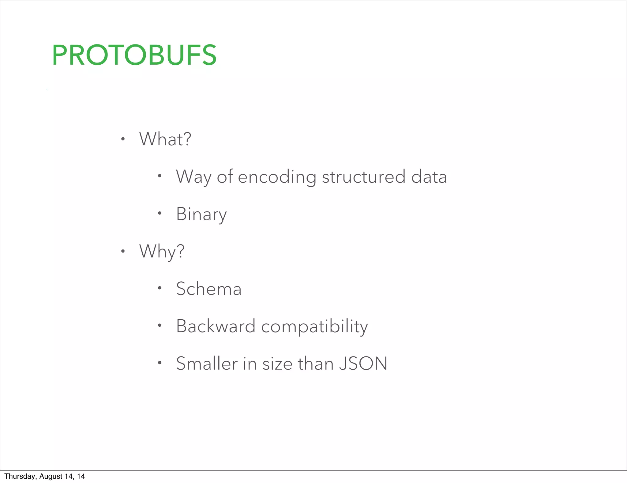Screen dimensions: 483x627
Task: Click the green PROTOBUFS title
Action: click(x=134, y=55)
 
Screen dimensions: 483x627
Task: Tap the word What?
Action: click(x=165, y=139)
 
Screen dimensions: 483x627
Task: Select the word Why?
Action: click(x=162, y=252)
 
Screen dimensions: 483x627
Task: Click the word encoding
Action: click(x=277, y=177)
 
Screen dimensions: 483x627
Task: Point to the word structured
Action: click(x=363, y=177)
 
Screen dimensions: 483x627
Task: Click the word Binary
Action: click(x=201, y=214)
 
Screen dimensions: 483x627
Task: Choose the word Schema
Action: click(x=209, y=289)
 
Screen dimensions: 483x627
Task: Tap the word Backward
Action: click(x=216, y=326)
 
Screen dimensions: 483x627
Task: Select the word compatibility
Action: click(x=314, y=327)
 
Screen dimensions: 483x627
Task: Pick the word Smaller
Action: click(x=207, y=364)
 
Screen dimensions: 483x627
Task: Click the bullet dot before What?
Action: click(x=123, y=139)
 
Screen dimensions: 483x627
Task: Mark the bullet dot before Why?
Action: click(x=123, y=252)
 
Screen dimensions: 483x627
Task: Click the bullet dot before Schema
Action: click(x=160, y=288)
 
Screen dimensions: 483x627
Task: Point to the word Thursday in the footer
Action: click(x=20, y=476)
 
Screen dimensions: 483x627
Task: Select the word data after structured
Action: click(x=429, y=177)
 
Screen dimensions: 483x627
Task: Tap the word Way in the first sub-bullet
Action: click(x=193, y=177)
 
